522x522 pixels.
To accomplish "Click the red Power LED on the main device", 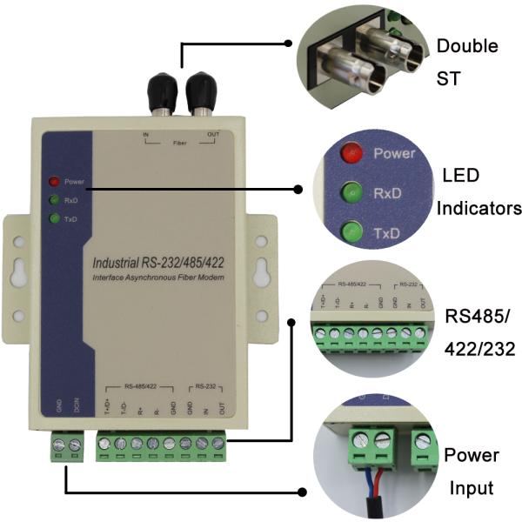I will [x=54, y=182].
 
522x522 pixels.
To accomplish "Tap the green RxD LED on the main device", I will [x=54, y=200].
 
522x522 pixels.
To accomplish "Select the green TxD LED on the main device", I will [x=54, y=217].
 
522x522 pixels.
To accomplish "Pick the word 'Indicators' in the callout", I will [x=479, y=209].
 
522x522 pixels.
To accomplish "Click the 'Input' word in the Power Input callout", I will [x=471, y=489].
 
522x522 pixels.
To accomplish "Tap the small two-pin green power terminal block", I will [x=67, y=447].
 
